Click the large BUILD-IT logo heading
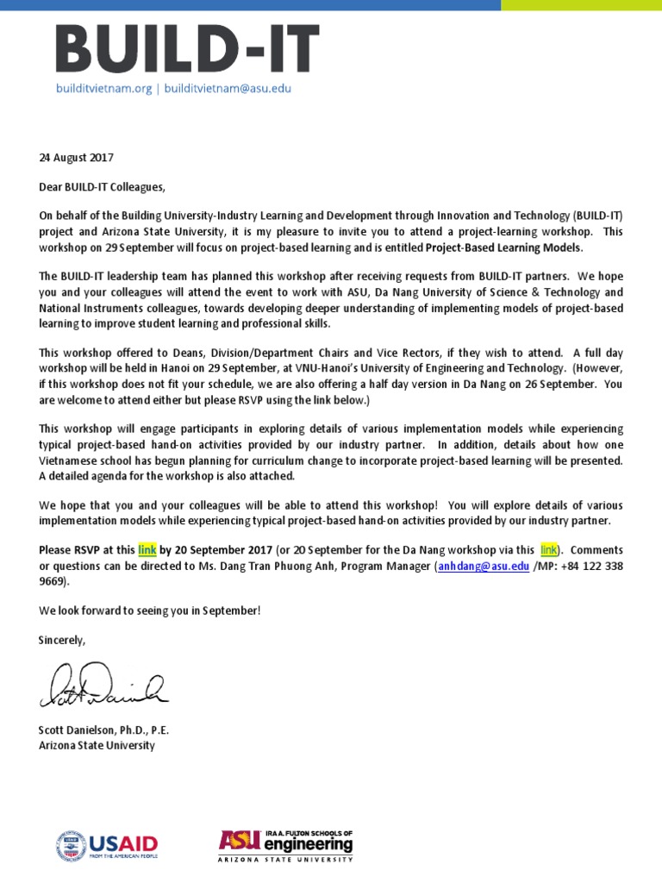187,49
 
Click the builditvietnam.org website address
103,88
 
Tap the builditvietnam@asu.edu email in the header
228,88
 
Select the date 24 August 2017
76,158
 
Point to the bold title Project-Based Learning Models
504,247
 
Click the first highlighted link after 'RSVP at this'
147,549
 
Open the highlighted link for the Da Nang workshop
548,549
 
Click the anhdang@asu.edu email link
484,566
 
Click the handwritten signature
103,686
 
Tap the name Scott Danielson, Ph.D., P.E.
103,730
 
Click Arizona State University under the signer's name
97,745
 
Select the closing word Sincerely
62,639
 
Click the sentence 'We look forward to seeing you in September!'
149,611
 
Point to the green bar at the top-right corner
581,5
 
